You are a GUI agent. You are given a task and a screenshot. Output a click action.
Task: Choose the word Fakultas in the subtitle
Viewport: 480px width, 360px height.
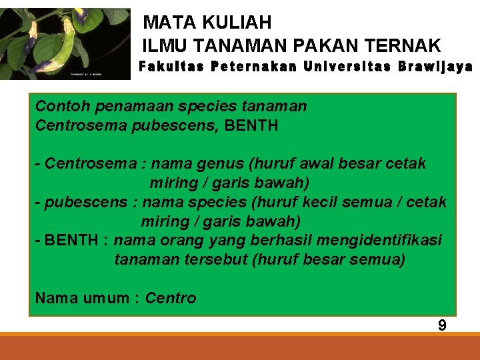169,67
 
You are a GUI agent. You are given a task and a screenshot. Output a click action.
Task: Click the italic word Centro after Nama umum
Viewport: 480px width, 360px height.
171,299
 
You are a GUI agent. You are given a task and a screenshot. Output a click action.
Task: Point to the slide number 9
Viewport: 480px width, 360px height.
442,325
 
